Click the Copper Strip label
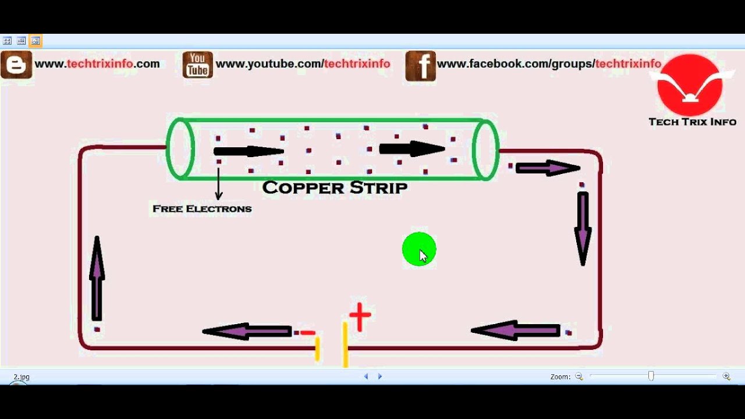click(x=335, y=187)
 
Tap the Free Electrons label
click(x=202, y=208)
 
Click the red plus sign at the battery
click(x=360, y=317)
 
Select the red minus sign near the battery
click(x=308, y=333)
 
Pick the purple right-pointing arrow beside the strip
click(x=548, y=169)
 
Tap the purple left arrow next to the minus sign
click(x=247, y=332)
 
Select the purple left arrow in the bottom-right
click(x=515, y=331)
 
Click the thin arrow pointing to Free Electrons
click(x=219, y=183)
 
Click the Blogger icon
click(x=16, y=65)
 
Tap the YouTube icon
click(x=197, y=65)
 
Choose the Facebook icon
click(x=420, y=65)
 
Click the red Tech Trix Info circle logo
click(x=690, y=85)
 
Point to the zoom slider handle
click(x=651, y=377)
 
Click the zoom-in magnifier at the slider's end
click(x=726, y=377)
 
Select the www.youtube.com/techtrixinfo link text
click(x=303, y=64)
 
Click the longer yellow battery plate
click(x=345, y=345)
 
